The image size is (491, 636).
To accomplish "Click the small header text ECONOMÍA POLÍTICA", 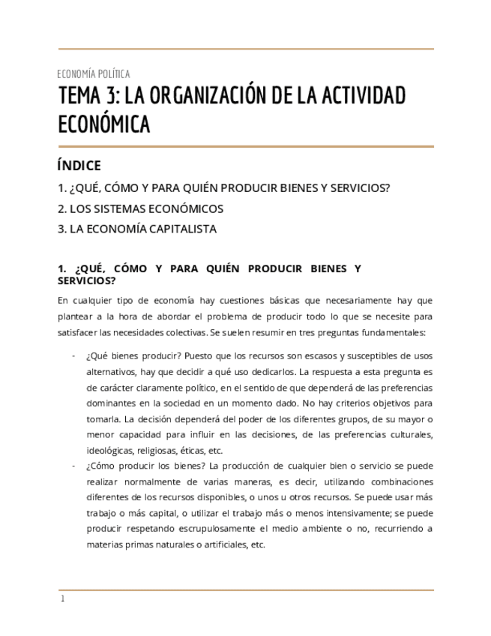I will pos(94,73).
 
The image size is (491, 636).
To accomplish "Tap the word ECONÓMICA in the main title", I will pos(104,124).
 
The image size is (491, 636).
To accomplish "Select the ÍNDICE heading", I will pos(79,166).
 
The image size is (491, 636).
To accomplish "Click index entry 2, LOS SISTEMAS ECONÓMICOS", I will pos(140,208).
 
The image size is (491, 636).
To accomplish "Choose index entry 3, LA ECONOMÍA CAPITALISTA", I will pos(137,229).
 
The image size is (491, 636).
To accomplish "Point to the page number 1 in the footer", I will pos(62,598).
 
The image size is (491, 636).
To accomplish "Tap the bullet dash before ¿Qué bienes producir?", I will pos(73,355).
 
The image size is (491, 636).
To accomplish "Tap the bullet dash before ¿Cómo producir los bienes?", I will pos(73,466).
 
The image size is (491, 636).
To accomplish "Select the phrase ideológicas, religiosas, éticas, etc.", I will pos(154,451).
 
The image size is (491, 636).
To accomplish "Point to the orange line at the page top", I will pos(246,49).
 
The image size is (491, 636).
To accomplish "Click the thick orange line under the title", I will pos(246,146).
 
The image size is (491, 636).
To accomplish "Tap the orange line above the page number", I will pos(246,590).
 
